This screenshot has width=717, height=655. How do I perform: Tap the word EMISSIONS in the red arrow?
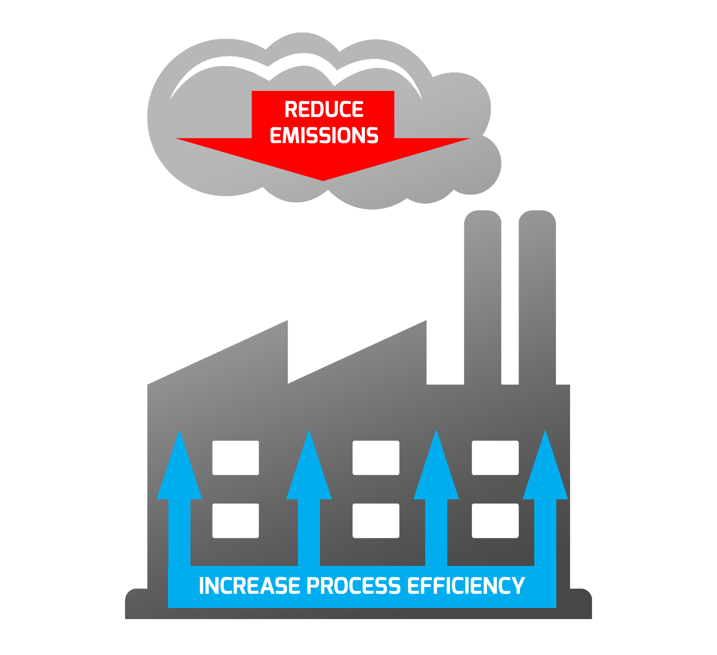pos(324,135)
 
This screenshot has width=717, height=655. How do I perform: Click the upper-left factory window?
pos(235,458)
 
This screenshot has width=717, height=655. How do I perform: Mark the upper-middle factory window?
pos(376,458)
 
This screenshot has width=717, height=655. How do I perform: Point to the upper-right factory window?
pos(495,458)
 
